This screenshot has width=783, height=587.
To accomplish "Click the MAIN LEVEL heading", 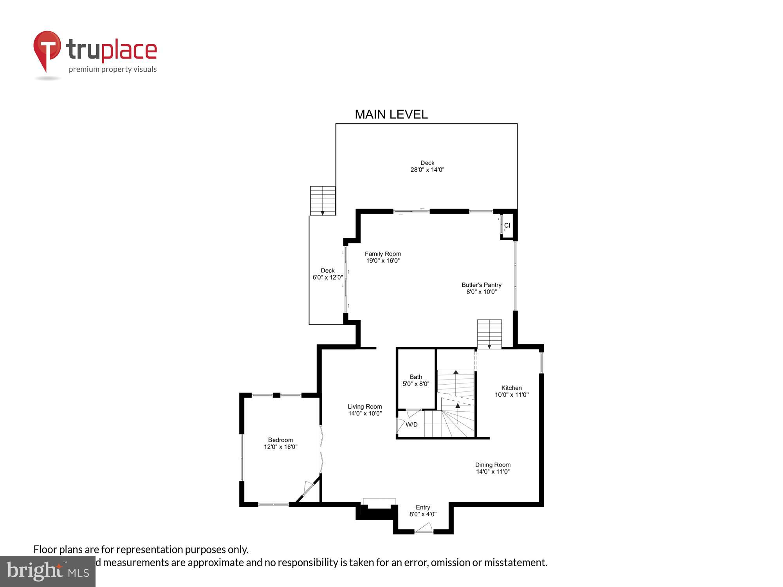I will tap(391, 114).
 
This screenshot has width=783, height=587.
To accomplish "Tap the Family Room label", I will tap(382, 257).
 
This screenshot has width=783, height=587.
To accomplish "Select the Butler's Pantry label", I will tap(481, 288).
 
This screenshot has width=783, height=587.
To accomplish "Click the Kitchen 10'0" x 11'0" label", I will tap(511, 391).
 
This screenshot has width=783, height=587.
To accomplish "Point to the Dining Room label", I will tap(493, 468).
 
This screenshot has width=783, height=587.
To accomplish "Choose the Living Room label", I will tap(364, 410).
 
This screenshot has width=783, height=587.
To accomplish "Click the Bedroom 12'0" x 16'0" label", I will tap(280, 443).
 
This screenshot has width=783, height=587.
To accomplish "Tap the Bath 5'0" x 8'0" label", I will tap(416, 380).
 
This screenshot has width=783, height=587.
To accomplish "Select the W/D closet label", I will tap(411, 425).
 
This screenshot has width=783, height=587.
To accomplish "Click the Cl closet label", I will tap(507, 225).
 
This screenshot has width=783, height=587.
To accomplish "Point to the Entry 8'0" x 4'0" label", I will tap(423, 511).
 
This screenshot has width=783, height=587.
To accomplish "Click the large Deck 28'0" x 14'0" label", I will tap(427, 166).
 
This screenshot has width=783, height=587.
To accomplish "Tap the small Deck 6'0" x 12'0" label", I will tap(328, 274).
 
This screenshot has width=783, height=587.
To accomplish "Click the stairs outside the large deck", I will tap(323, 200).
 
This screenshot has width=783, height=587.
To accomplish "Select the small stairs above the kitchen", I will tap(489, 334).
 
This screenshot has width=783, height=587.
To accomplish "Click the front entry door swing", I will tap(424, 528).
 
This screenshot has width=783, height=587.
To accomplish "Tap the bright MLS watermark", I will tap(48, 571).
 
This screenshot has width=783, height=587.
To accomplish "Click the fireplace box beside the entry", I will tap(379, 504).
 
